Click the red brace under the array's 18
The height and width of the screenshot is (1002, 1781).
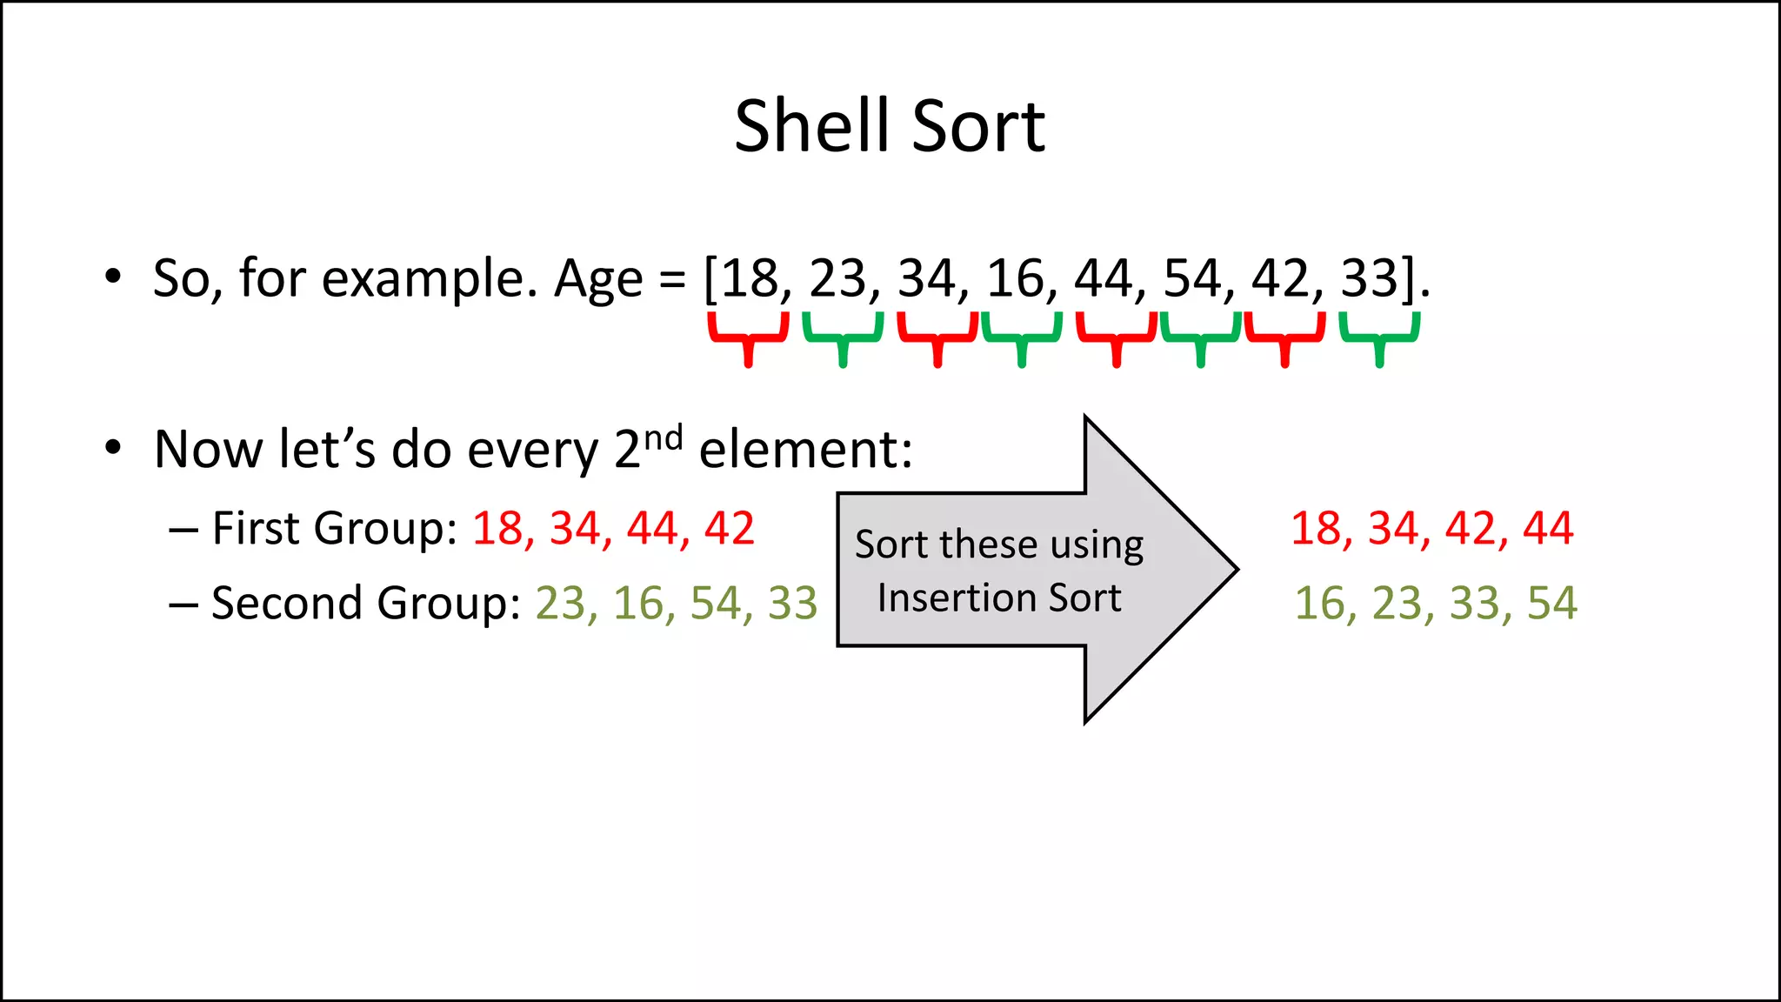pos(748,336)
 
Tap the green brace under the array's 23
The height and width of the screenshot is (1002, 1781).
pos(842,336)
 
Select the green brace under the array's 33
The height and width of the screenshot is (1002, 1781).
pos(1379,336)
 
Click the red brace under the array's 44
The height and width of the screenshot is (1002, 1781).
pos(1117,336)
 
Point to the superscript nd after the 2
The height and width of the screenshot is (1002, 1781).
pos(663,437)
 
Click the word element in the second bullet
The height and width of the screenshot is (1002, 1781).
pos(805,450)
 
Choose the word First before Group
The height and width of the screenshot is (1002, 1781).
pos(257,528)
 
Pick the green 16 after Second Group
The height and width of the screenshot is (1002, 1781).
pos(638,603)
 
